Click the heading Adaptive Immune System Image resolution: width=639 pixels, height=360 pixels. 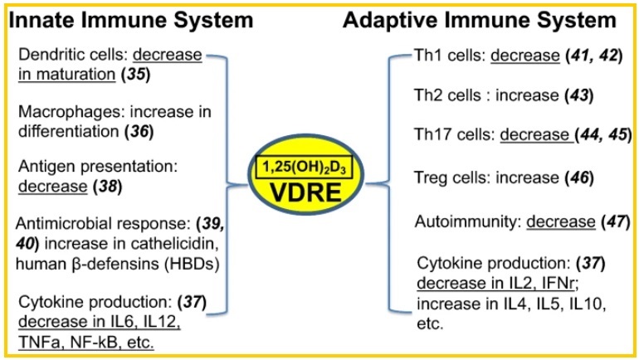coord(480,20)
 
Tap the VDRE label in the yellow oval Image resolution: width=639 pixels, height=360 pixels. coord(319,197)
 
